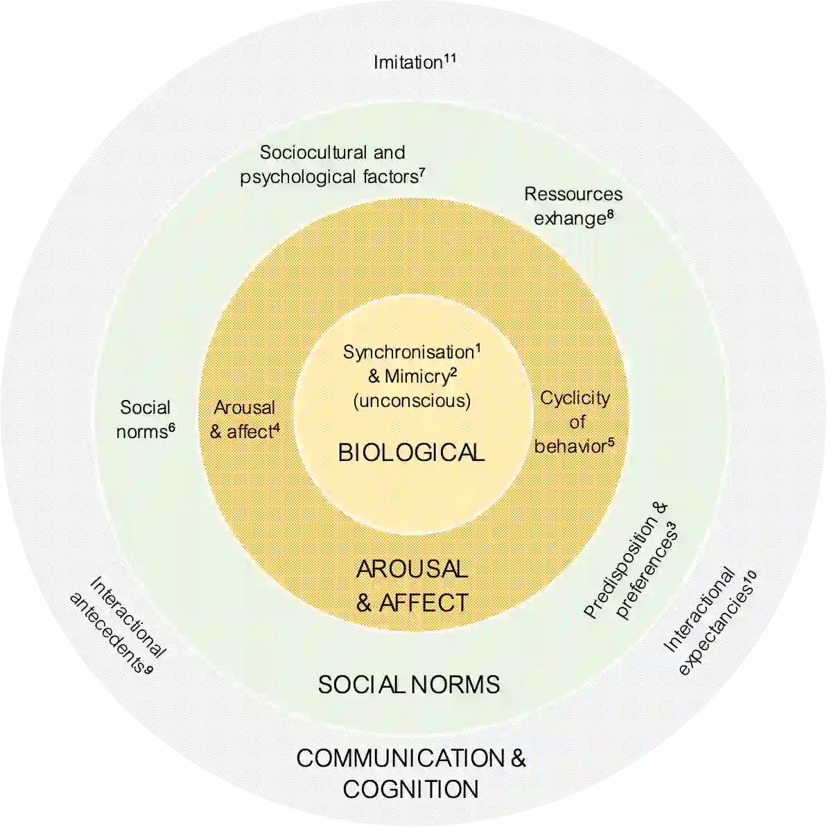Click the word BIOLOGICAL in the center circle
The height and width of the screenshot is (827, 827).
(x=411, y=453)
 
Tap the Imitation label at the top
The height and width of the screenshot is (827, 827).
(x=408, y=63)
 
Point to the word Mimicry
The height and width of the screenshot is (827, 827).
(x=417, y=376)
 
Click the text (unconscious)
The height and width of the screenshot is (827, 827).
(x=412, y=401)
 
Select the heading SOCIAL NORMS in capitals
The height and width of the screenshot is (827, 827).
(x=409, y=685)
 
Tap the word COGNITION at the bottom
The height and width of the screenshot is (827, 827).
(x=410, y=790)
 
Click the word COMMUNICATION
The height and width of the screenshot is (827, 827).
(x=401, y=758)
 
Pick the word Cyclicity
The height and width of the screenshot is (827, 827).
(x=575, y=398)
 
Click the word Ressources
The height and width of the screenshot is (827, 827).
(x=573, y=194)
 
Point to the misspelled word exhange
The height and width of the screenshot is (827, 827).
(x=569, y=219)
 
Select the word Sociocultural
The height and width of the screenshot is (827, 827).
(x=313, y=153)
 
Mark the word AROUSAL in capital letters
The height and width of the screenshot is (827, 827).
(x=412, y=569)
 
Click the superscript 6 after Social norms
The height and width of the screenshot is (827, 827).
(x=171, y=427)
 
